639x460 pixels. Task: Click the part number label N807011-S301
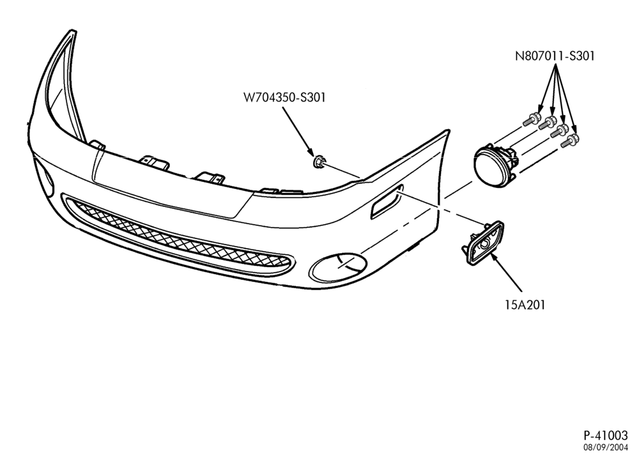[555, 56]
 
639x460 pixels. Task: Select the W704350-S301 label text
[284, 97]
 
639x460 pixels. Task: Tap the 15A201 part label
[525, 305]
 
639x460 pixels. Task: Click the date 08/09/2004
[606, 447]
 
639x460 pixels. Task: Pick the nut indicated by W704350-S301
[319, 162]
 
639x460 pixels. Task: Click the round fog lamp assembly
[495, 166]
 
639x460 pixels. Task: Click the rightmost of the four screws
[570, 141]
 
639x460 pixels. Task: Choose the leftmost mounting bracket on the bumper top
[97, 144]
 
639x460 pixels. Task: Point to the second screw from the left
[548, 123]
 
